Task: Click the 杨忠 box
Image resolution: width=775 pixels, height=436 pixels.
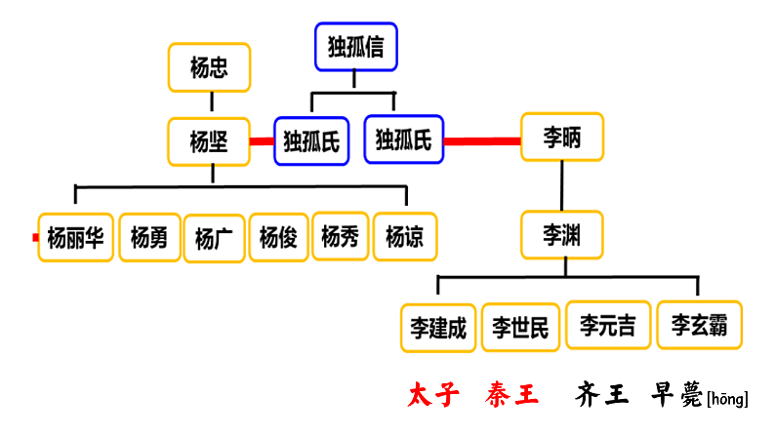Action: click(x=210, y=67)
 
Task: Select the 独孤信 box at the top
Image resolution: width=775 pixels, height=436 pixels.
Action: click(x=355, y=46)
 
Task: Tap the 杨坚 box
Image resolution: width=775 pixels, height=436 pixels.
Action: click(x=210, y=141)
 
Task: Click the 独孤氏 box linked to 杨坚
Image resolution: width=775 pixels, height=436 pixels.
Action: click(x=310, y=141)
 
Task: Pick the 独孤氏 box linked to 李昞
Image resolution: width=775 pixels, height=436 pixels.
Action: click(x=403, y=139)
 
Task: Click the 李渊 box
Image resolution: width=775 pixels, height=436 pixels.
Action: click(x=561, y=235)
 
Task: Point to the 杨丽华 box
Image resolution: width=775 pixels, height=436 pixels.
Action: click(x=76, y=237)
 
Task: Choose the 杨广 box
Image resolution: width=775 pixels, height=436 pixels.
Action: click(x=214, y=238)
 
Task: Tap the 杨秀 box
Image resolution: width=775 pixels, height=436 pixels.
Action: click(x=340, y=236)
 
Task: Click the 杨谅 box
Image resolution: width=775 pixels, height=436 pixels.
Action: click(x=405, y=237)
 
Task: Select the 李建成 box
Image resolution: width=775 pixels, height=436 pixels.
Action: click(x=438, y=327)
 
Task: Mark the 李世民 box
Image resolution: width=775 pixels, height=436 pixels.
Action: click(x=520, y=327)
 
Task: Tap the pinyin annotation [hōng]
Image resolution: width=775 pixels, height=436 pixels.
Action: click(x=727, y=398)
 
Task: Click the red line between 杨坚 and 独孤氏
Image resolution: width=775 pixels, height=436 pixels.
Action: click(x=262, y=141)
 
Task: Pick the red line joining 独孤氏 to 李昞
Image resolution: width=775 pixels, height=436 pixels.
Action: click(x=482, y=141)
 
